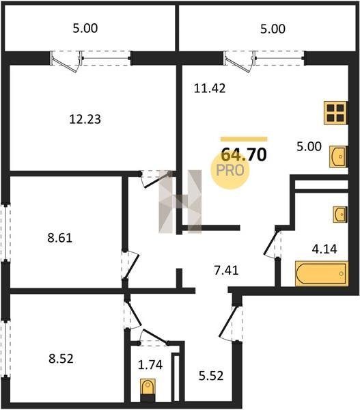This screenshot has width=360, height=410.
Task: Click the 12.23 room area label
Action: pyautogui.click(x=85, y=119)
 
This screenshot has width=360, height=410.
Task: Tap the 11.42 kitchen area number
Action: pyautogui.click(x=210, y=88)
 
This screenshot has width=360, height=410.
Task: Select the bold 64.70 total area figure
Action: pyautogui.click(x=244, y=154)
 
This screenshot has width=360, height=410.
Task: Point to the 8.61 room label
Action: pyautogui.click(x=60, y=238)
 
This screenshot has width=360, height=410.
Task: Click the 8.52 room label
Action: pyautogui.click(x=61, y=358)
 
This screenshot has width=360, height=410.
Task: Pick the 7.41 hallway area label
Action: pyautogui.click(x=226, y=271)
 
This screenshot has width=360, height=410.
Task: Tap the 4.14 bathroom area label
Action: pyautogui.click(x=324, y=249)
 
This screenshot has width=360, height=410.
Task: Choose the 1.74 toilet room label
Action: pyautogui.click(x=150, y=365)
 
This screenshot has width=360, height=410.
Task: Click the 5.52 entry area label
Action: pyautogui.click(x=211, y=376)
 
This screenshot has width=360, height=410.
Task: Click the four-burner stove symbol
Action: pyautogui.click(x=335, y=113)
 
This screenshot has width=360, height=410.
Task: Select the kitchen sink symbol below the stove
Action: pyautogui.click(x=337, y=156)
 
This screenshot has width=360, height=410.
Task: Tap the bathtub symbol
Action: pyautogui.click(x=322, y=273)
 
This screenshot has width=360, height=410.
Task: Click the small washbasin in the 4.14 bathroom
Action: pyautogui.click(x=340, y=215)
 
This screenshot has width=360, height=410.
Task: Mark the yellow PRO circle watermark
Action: pyautogui.click(x=230, y=170)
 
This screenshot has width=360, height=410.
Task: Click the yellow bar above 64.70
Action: pyautogui.click(x=244, y=139)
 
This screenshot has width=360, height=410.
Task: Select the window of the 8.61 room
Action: pyautogui.click(x=5, y=232)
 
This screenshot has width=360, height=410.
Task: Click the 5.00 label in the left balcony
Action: pyautogui.click(x=85, y=28)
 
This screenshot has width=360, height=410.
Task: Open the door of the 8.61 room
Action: pyautogui.click(x=130, y=265)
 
